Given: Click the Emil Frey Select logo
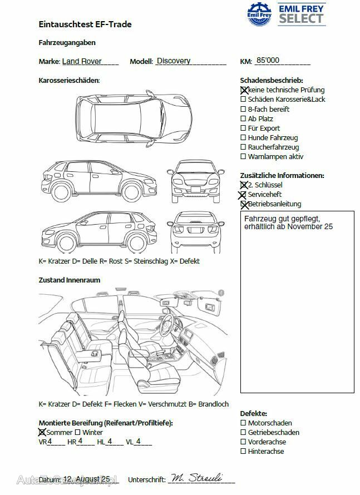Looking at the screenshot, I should pyautogui.click(x=286, y=13).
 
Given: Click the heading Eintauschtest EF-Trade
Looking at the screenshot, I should pyautogui.click(x=85, y=24).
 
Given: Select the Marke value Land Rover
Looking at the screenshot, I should pyautogui.click(x=82, y=61).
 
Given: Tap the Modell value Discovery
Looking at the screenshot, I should pyautogui.click(x=174, y=61).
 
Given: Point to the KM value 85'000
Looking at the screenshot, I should pyautogui.click(x=268, y=61).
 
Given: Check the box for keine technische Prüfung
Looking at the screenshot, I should pyautogui.click(x=244, y=90).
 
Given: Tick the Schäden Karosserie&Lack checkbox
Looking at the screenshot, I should pyautogui.click(x=243, y=100).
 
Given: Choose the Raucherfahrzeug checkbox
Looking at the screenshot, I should pyautogui.click(x=243, y=147).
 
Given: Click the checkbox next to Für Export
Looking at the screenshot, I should pyautogui.click(x=243, y=128).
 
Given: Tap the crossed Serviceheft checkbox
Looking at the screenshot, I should pyautogui.click(x=243, y=195).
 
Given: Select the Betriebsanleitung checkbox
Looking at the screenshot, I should pyautogui.click(x=244, y=204).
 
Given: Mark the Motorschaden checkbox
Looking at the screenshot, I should pyautogui.click(x=243, y=423).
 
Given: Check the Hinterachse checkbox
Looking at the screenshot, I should pyautogui.click(x=243, y=452).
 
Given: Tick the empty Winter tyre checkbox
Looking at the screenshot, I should pyautogui.click(x=78, y=432).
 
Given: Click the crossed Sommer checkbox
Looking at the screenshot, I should pyautogui.click(x=42, y=432).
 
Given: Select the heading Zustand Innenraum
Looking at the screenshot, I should pyautogui.click(x=70, y=280).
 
